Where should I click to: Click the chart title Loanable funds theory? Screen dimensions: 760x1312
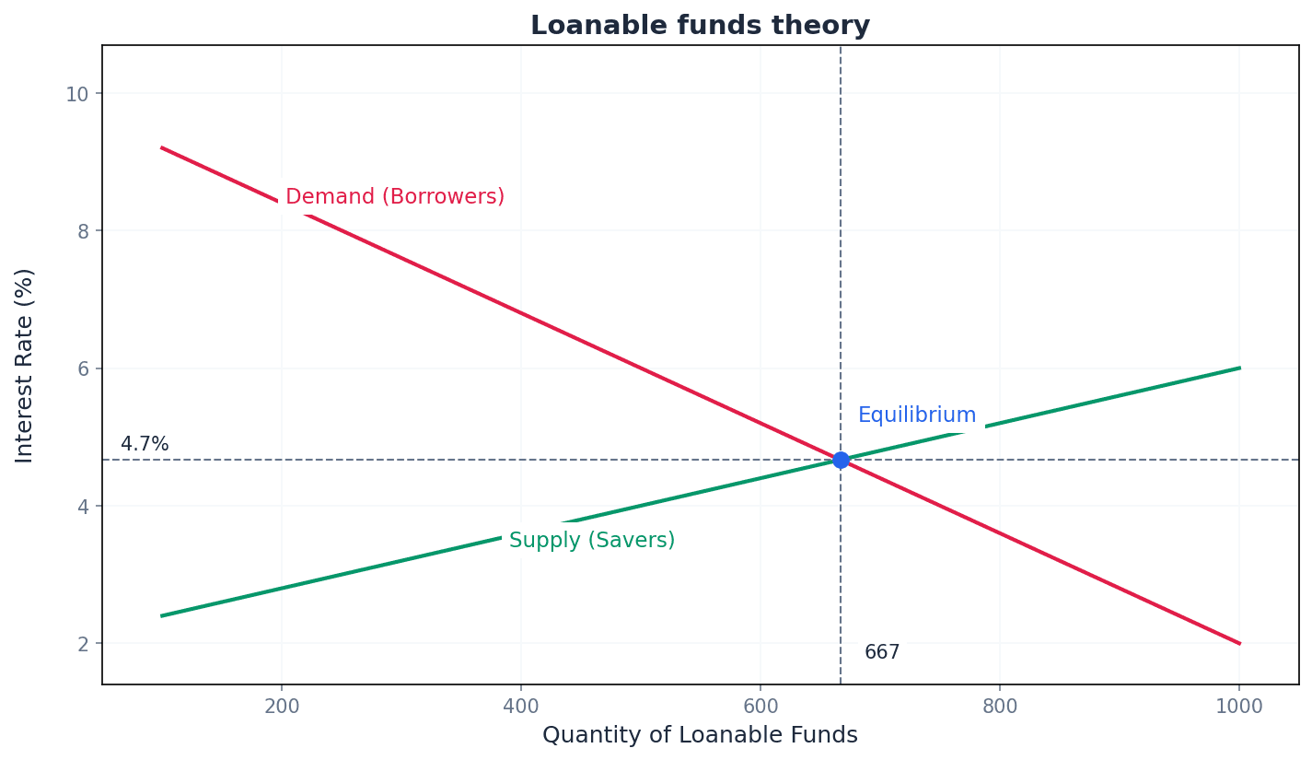(x=700, y=26)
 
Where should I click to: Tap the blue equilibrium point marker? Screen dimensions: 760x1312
(x=841, y=460)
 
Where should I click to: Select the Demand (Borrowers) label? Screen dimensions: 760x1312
(x=395, y=197)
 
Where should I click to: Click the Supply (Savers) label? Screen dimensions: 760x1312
(x=592, y=541)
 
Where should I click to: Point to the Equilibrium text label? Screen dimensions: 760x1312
(x=917, y=415)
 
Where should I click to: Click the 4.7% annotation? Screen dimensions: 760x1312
(x=145, y=444)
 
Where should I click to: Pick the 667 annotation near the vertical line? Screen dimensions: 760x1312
(x=882, y=652)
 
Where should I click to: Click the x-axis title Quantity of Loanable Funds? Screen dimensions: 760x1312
(x=700, y=735)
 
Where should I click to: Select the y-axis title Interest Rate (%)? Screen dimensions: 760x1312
(x=25, y=365)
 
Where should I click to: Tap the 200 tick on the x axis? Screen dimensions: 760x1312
(x=282, y=707)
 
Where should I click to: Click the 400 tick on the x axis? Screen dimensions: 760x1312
(x=521, y=707)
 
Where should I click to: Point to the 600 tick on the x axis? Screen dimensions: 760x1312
(x=760, y=707)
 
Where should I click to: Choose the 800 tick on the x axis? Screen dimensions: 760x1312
(x=1000, y=707)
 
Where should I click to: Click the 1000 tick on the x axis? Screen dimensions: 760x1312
(x=1238, y=707)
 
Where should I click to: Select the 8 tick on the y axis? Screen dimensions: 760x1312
(x=83, y=231)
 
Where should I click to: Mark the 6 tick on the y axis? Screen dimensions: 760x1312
(x=83, y=368)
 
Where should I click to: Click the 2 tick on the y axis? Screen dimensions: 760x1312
(x=83, y=643)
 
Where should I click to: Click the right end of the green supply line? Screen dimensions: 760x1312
(x=1239, y=368)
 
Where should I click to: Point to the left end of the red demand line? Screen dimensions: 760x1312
(x=162, y=147)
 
